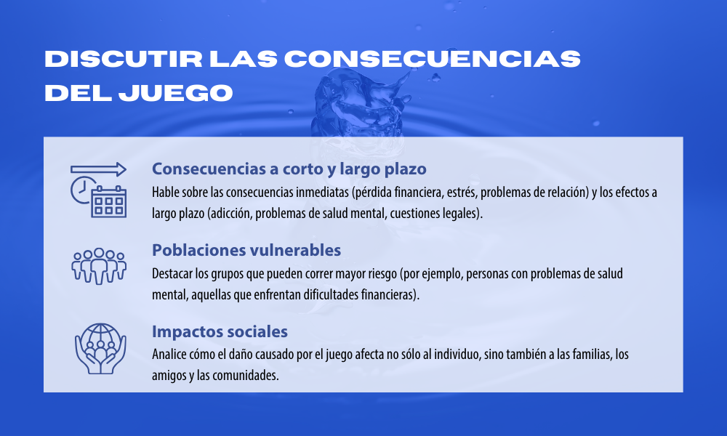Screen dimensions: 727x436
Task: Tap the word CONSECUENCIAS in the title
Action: coord(433,59)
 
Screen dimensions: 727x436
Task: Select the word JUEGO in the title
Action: coord(176,93)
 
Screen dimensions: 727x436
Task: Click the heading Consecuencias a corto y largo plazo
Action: coord(289,169)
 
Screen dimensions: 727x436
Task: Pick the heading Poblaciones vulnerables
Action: coord(246,250)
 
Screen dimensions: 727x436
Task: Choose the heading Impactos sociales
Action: coord(220,331)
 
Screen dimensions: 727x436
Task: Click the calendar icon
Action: coord(109,201)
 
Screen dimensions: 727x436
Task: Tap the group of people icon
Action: coord(99,266)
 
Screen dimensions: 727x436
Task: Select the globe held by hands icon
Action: coord(100,348)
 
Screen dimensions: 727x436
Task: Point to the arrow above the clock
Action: coord(98,169)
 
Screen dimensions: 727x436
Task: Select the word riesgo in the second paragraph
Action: coord(382,274)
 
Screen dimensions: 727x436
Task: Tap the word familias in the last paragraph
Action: coord(593,355)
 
